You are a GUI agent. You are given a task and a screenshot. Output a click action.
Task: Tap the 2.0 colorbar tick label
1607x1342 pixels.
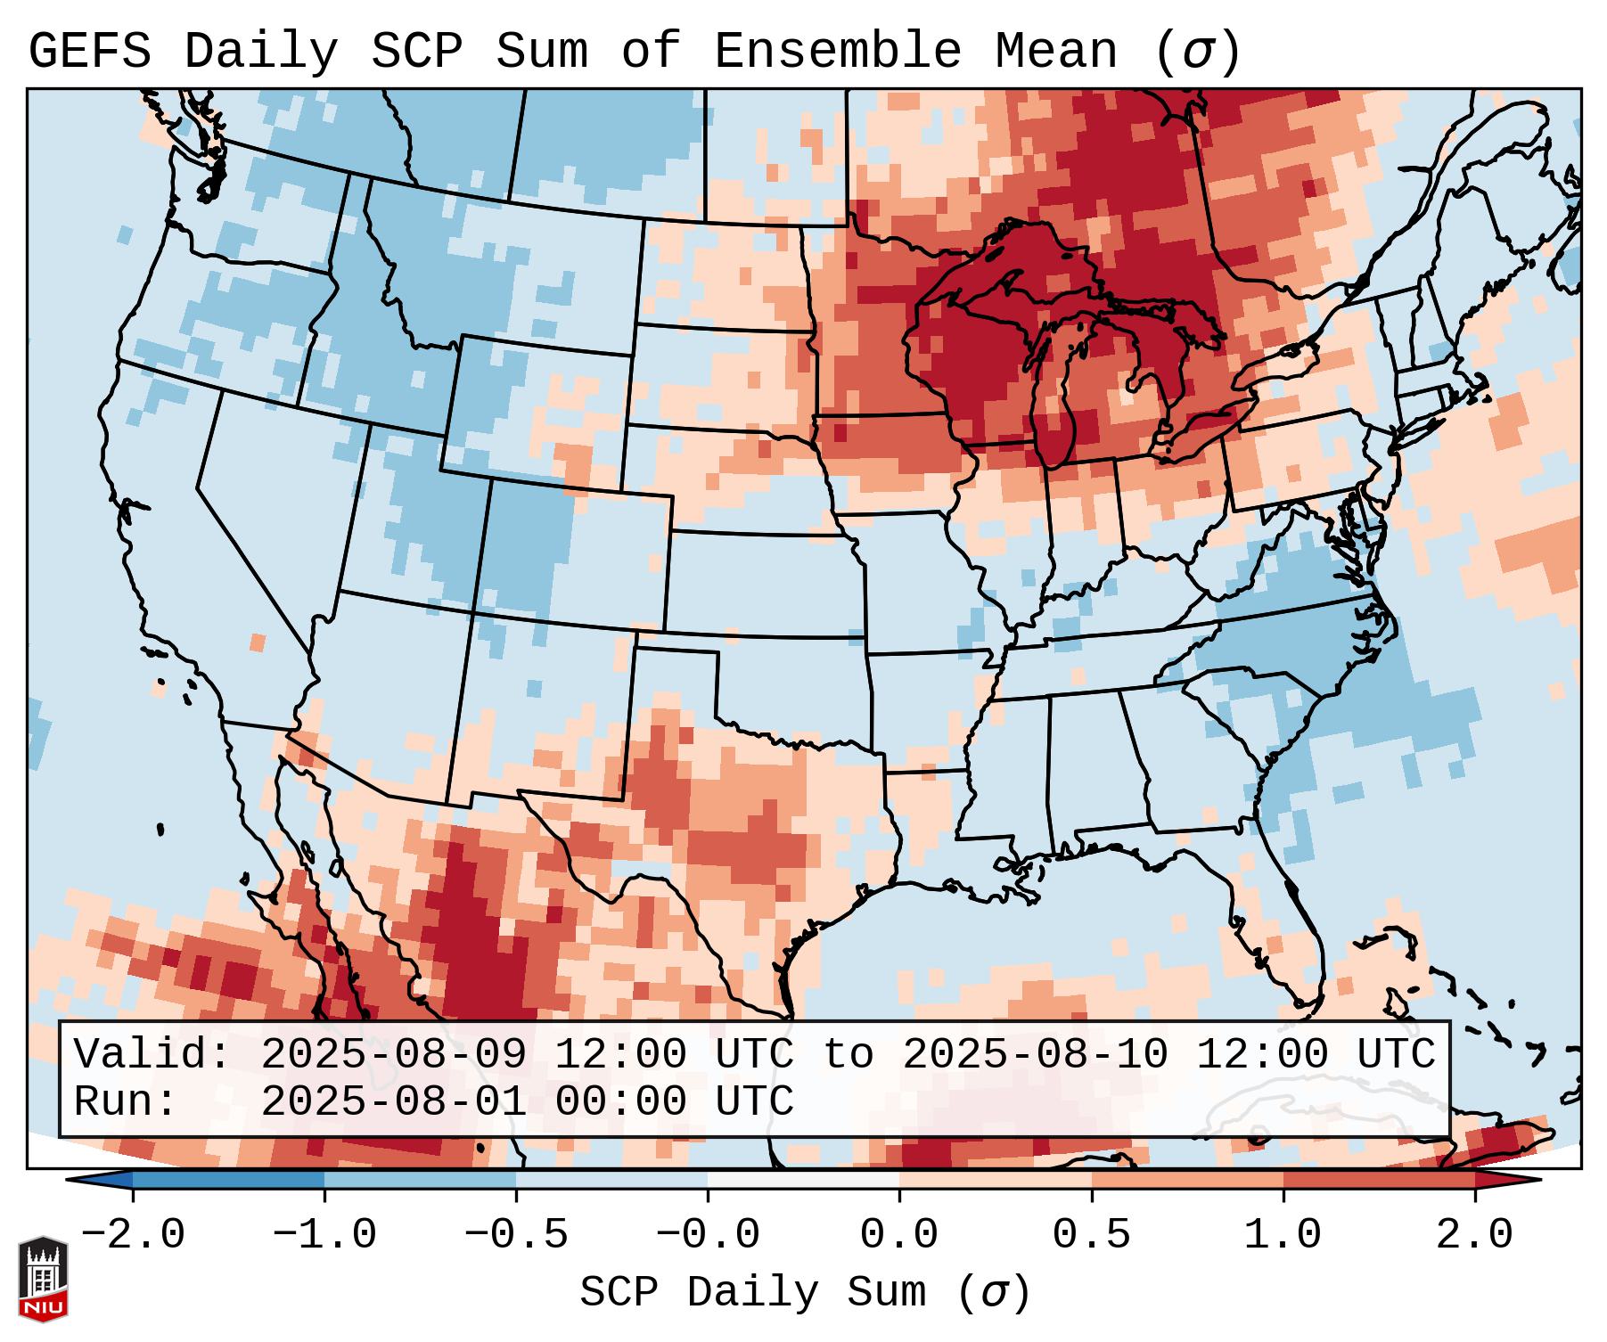point(1474,1235)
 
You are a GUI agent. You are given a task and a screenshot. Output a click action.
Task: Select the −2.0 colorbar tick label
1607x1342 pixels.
point(133,1235)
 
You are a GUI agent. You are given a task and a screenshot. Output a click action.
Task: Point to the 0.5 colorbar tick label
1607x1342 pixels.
point(1091,1235)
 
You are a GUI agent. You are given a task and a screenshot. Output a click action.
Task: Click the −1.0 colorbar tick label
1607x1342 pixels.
point(324,1235)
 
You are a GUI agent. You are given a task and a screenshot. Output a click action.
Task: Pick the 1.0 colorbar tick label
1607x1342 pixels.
point(1283,1235)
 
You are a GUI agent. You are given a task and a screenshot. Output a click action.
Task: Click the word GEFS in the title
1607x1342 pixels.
point(90,52)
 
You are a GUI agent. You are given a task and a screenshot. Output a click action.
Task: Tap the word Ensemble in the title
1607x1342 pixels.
point(838,52)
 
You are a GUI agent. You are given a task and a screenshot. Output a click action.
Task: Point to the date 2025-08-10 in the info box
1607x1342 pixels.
point(1035,1055)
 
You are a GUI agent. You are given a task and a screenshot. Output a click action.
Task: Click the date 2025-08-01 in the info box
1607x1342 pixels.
point(393,1101)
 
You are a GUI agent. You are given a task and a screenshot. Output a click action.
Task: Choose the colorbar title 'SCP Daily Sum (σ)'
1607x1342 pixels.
point(805,1293)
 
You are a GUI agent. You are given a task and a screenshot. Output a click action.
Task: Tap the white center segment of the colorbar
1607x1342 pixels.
point(803,1180)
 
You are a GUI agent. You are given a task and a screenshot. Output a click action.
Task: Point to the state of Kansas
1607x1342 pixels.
point(762,584)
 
